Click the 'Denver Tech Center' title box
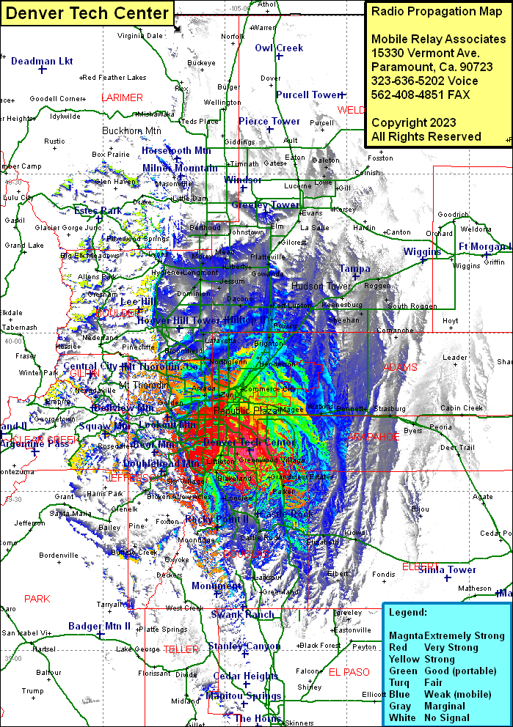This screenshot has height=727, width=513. click(87, 12)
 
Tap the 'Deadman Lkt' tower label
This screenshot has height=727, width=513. click(42, 61)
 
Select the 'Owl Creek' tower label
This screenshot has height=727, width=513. click(279, 48)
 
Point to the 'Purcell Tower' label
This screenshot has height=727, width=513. click(308, 95)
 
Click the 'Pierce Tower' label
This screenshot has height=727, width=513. click(269, 121)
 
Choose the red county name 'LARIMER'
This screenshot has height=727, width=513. click(122, 97)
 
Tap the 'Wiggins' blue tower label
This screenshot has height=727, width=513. click(421, 251)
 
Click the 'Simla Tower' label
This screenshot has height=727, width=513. click(447, 569)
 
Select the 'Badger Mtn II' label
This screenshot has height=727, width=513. click(99, 626)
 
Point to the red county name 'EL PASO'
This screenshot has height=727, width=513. click(349, 671)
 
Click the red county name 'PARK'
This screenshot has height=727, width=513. click(37, 599)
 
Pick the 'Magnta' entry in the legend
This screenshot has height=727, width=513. click(405, 635)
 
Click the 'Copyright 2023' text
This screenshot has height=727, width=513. click(413, 122)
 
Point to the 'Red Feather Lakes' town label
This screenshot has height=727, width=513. click(114, 77)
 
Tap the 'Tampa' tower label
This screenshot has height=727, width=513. click(354, 268)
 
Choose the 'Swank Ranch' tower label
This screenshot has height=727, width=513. click(242, 614)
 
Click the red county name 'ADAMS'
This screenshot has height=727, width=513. click(400, 366)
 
